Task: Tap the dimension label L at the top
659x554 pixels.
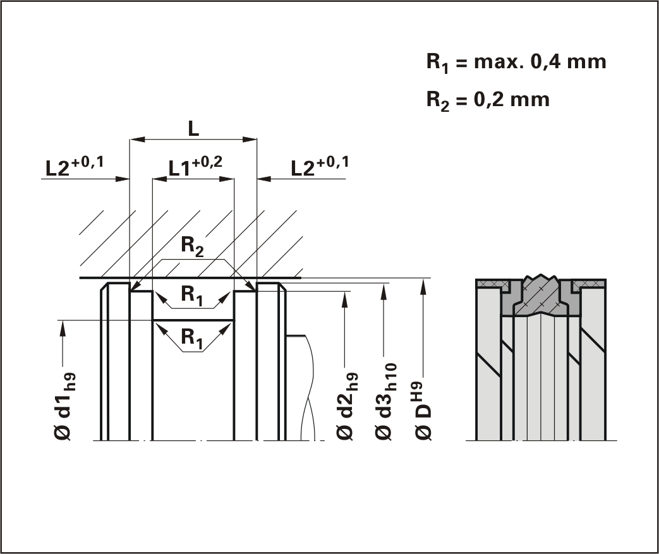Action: pos(193,128)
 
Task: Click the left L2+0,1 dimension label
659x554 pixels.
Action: pos(75,167)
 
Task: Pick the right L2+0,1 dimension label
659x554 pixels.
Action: pos(320,167)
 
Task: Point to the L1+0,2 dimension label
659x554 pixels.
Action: pos(195,167)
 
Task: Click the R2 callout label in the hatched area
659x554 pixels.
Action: pos(193,246)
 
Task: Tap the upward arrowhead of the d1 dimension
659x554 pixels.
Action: pos(63,326)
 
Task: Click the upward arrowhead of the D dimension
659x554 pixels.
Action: pos(424,284)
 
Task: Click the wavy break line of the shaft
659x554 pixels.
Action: pos(308,385)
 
